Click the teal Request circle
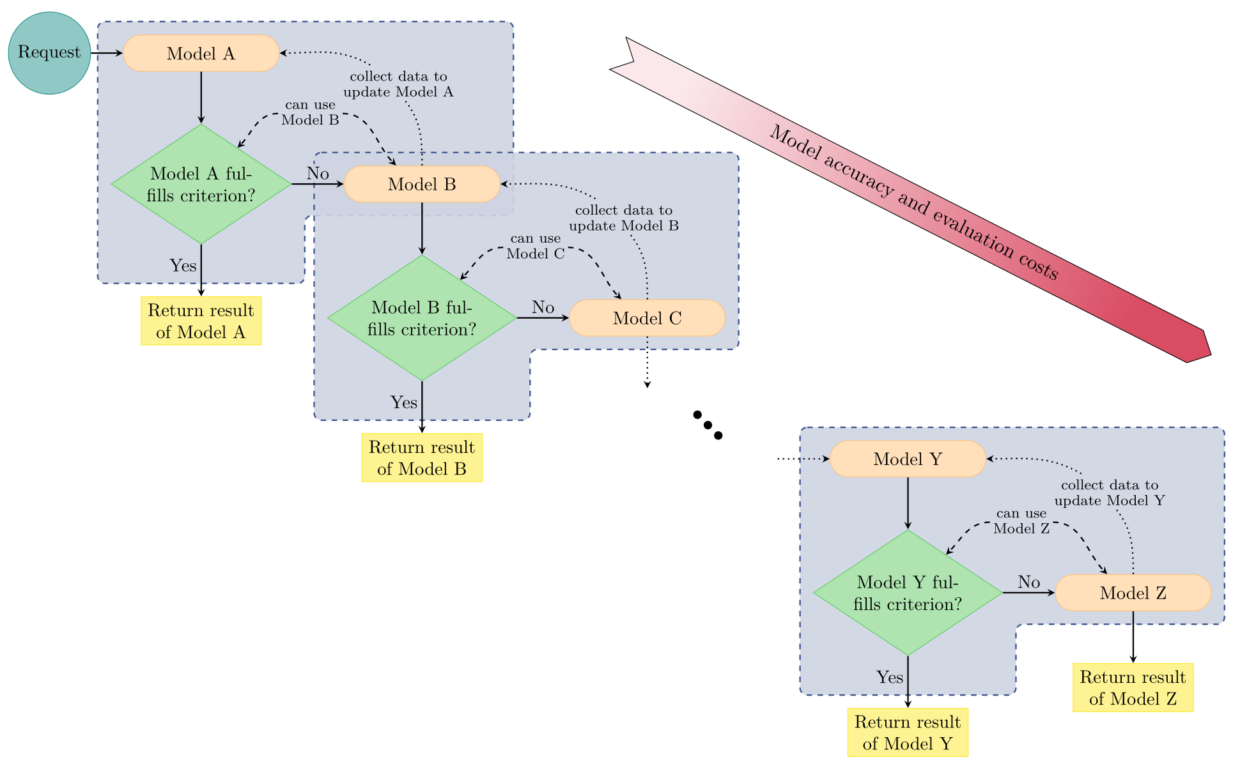(x=49, y=53)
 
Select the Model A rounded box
(x=201, y=53)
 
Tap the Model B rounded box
(x=422, y=185)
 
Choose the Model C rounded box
(x=647, y=318)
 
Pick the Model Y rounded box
(x=908, y=459)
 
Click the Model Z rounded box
(x=1133, y=593)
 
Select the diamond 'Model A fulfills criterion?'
(x=201, y=184)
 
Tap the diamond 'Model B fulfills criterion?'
(x=422, y=318)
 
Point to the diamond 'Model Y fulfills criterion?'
(x=908, y=593)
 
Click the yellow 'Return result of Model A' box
(x=201, y=321)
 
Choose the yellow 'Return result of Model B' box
(x=422, y=458)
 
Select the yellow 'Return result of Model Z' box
(x=1133, y=687)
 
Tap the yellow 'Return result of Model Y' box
(x=908, y=733)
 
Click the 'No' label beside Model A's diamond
(x=318, y=173)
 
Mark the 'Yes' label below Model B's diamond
(x=404, y=402)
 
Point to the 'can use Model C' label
(x=536, y=247)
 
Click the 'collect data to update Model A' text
(x=398, y=84)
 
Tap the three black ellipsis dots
(x=708, y=425)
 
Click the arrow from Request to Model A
(x=106, y=53)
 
